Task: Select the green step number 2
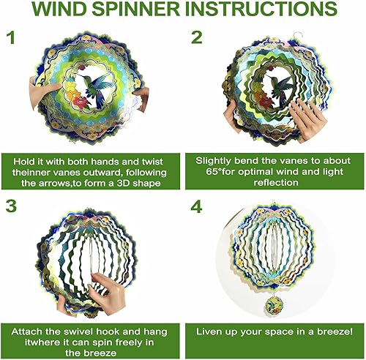(196, 37)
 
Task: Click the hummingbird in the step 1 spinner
(98, 87)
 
